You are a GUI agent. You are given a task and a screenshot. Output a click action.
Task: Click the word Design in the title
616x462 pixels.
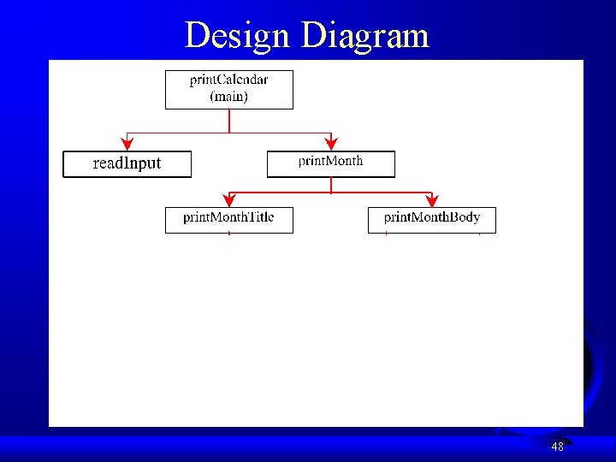click(x=238, y=35)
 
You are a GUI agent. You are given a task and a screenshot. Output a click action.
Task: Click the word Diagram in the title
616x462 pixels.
click(x=364, y=35)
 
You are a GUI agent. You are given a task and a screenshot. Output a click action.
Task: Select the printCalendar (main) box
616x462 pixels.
click(x=228, y=89)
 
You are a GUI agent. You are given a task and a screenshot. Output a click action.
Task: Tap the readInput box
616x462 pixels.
click(x=127, y=164)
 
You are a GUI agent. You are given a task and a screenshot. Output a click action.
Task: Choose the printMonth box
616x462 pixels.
click(x=330, y=164)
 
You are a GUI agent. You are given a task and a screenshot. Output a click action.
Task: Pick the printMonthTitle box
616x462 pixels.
click(x=228, y=220)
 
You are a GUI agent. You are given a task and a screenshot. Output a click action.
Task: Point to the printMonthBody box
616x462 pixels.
click(x=431, y=220)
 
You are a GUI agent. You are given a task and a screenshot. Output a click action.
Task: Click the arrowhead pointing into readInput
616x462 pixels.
click(x=127, y=144)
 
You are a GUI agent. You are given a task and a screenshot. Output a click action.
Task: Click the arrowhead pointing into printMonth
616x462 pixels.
click(x=331, y=144)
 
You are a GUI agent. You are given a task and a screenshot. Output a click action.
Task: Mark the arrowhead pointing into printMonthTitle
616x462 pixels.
click(x=228, y=200)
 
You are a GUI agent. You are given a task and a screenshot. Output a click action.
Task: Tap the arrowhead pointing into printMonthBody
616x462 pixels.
click(x=432, y=200)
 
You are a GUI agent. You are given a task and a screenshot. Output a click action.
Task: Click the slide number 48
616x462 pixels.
click(x=557, y=447)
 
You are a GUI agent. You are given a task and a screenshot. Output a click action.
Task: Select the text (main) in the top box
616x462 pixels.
click(x=228, y=97)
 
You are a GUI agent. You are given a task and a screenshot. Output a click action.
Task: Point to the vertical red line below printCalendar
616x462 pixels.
click(x=228, y=120)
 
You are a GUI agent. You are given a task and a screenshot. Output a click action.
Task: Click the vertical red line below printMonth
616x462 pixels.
click(x=330, y=184)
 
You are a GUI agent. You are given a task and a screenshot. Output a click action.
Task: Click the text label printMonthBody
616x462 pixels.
click(x=431, y=217)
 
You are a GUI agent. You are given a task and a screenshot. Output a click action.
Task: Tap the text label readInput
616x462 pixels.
click(x=127, y=163)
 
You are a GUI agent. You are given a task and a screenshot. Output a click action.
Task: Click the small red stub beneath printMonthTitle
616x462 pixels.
click(x=229, y=234)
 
